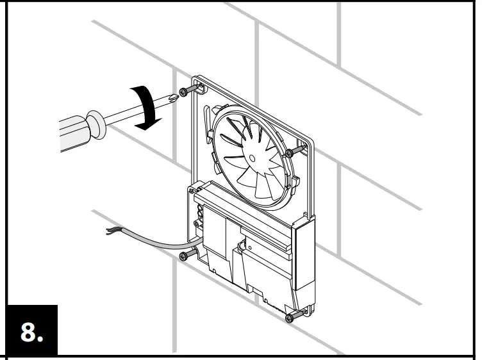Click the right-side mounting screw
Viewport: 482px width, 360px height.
[x=290, y=152]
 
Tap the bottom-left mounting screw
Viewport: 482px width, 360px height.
[x=185, y=256]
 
